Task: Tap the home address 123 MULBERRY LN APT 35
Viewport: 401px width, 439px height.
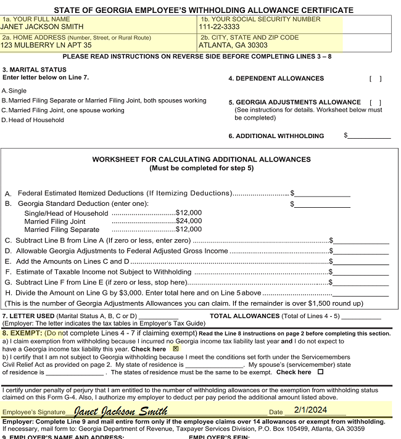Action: click(x=46, y=45)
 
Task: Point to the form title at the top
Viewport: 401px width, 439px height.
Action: click(x=204, y=10)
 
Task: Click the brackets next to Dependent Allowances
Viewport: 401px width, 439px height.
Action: click(x=375, y=78)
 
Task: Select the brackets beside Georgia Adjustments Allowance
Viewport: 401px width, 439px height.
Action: click(x=375, y=102)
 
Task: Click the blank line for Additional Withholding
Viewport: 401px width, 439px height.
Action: click(x=369, y=136)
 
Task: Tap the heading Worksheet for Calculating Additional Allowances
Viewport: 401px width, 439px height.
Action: click(x=201, y=160)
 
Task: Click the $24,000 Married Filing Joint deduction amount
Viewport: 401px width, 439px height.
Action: click(x=189, y=221)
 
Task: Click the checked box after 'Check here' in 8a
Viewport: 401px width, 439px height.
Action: click(x=176, y=348)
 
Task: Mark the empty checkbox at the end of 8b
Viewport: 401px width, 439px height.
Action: click(x=320, y=372)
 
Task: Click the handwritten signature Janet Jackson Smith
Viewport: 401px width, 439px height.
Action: click(x=120, y=411)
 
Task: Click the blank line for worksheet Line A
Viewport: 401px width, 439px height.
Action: click(x=322, y=194)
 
